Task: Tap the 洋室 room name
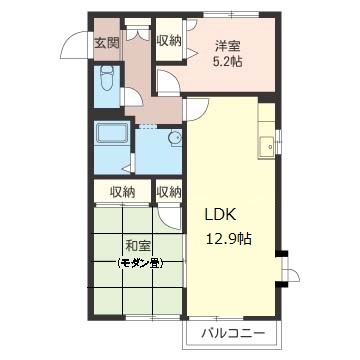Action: tap(228, 45)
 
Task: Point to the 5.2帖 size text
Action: tap(228, 61)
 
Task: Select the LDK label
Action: tap(221, 214)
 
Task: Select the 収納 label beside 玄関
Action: tap(169, 41)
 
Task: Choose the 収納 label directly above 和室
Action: tap(122, 192)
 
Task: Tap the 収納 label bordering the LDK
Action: tap(169, 192)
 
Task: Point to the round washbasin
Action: tap(174, 139)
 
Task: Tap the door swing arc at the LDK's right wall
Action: tap(289, 272)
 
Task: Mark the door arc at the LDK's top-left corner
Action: tap(194, 109)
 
